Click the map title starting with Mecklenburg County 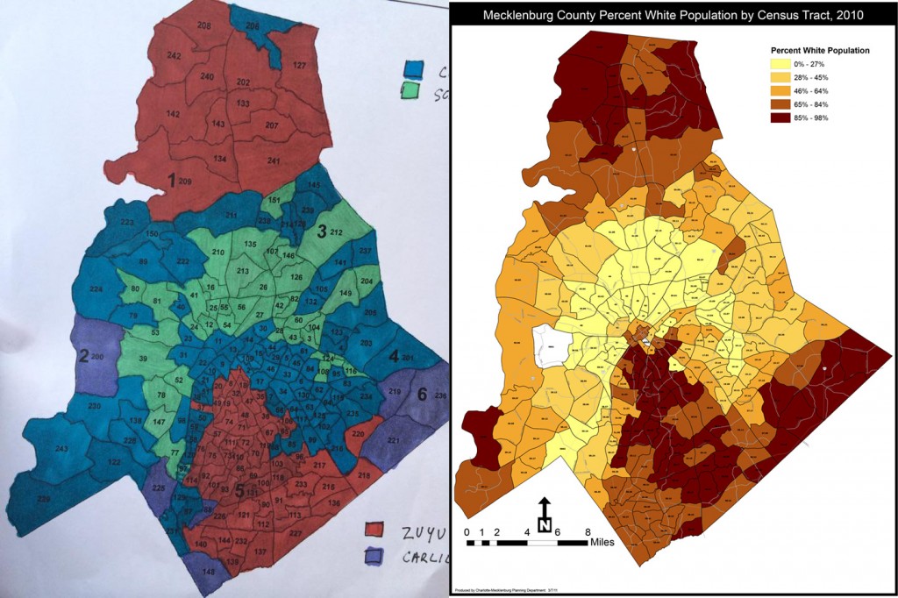[x=673, y=15]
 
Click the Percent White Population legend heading [x=819, y=51]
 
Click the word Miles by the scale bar [x=602, y=542]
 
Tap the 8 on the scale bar [x=587, y=532]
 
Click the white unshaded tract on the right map [x=552, y=347]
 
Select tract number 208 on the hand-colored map [x=203, y=27]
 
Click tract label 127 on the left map [x=299, y=66]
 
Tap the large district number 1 [x=173, y=180]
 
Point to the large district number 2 [x=83, y=356]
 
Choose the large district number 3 [x=321, y=231]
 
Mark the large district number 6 [x=422, y=395]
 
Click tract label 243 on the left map [x=61, y=450]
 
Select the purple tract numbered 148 [x=208, y=572]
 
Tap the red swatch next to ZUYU [x=376, y=530]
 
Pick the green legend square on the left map [x=410, y=90]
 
